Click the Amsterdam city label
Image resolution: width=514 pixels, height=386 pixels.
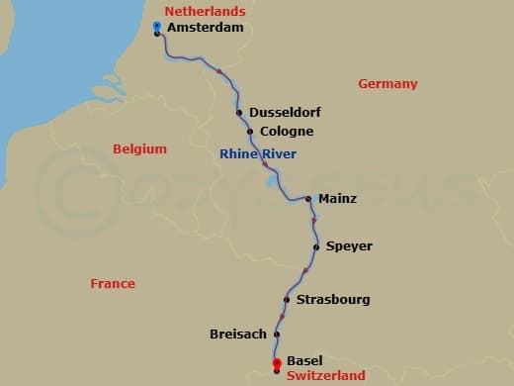click(x=205, y=29)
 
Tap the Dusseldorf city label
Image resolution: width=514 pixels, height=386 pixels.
click(x=285, y=113)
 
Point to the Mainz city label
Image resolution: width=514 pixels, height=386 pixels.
click(x=337, y=199)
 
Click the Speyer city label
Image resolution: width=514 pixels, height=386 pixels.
click(x=349, y=246)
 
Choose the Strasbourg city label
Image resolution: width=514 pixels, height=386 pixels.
click(x=332, y=299)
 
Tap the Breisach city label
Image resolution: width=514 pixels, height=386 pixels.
click(x=238, y=335)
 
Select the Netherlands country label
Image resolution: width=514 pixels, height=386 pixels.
click(x=205, y=11)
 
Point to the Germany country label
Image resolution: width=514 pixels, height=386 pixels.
click(x=387, y=84)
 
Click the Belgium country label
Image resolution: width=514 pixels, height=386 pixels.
click(x=139, y=149)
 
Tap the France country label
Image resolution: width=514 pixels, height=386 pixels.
click(x=112, y=284)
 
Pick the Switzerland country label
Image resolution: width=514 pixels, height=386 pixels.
click(x=326, y=376)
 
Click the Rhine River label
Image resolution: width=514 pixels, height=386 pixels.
click(x=257, y=154)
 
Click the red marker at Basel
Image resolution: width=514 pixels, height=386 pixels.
click(x=277, y=363)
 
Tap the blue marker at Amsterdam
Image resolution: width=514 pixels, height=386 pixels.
click(x=158, y=26)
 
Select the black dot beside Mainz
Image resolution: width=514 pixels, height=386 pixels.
click(x=309, y=199)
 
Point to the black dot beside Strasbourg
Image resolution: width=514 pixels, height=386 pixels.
click(x=287, y=300)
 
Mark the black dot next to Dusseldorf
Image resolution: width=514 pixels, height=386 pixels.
click(x=240, y=113)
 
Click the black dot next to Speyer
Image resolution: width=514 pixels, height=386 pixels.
click(x=316, y=246)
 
